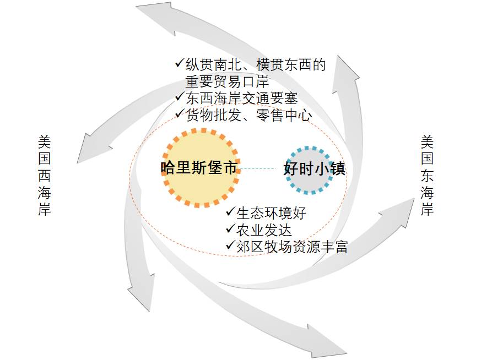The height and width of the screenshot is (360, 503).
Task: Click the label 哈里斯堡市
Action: (x=199, y=168)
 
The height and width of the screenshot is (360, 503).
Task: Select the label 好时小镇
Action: (x=315, y=169)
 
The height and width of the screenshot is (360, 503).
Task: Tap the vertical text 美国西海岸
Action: (x=44, y=176)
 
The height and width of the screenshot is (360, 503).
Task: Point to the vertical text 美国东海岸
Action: (x=428, y=176)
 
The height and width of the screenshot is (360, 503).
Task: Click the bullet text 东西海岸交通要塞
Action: (x=242, y=99)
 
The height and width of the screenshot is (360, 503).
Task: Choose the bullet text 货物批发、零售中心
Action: (x=248, y=115)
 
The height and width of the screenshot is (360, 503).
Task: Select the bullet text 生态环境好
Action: (x=271, y=213)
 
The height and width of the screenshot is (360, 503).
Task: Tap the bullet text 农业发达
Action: (x=264, y=230)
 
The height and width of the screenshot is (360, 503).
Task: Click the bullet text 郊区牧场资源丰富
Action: (x=292, y=247)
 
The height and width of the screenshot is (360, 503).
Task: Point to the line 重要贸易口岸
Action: (x=227, y=82)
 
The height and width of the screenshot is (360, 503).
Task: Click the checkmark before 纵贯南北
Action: (x=180, y=63)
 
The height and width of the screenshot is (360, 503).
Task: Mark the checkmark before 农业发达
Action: (x=230, y=228)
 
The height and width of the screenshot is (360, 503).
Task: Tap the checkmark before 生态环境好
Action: (x=230, y=211)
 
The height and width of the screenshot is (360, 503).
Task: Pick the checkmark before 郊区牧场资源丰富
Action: (x=230, y=246)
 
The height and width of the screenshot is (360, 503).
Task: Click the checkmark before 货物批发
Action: (x=180, y=113)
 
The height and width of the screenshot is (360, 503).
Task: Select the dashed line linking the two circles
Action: (x=258, y=168)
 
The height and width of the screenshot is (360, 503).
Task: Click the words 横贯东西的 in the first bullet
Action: (x=291, y=65)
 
